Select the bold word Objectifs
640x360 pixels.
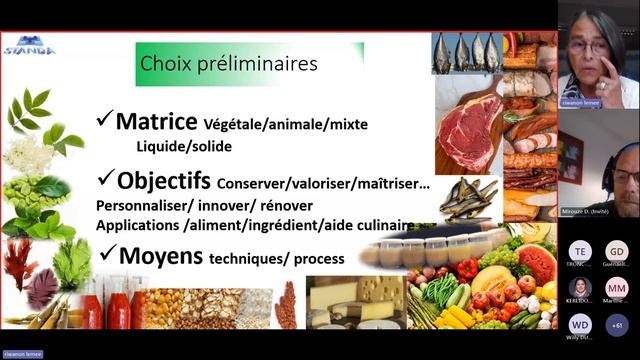[x=163, y=181]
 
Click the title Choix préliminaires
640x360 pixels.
[x=229, y=64]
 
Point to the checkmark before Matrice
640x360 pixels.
[x=104, y=121]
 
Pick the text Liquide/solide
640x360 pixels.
[x=184, y=146]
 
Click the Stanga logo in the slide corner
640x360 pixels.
[x=29, y=45]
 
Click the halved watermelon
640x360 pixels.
[x=536, y=262]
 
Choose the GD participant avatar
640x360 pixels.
[x=617, y=251]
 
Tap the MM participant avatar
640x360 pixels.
[x=617, y=288]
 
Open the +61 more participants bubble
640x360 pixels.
[x=617, y=325]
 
